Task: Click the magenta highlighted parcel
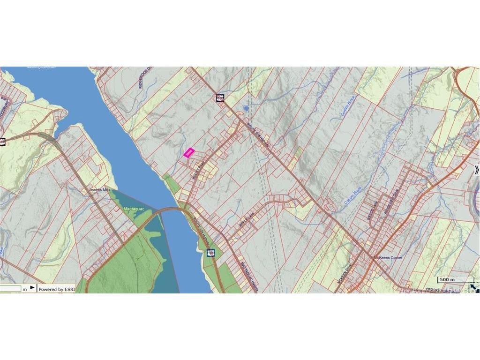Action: pyautogui.click(x=189, y=153)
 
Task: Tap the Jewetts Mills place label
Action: pyautogui.click(x=99, y=190)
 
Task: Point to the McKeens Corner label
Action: pyautogui.click(x=388, y=258)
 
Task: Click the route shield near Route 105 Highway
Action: pyautogui.click(x=211, y=253)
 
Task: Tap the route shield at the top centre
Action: pyautogui.click(x=220, y=98)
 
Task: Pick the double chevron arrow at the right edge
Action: pyautogui.click(x=477, y=170)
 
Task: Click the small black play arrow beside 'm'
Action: pyautogui.click(x=32, y=288)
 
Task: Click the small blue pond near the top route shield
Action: pyautogui.click(x=246, y=108)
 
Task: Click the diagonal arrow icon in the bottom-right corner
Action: pyautogui.click(x=474, y=285)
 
